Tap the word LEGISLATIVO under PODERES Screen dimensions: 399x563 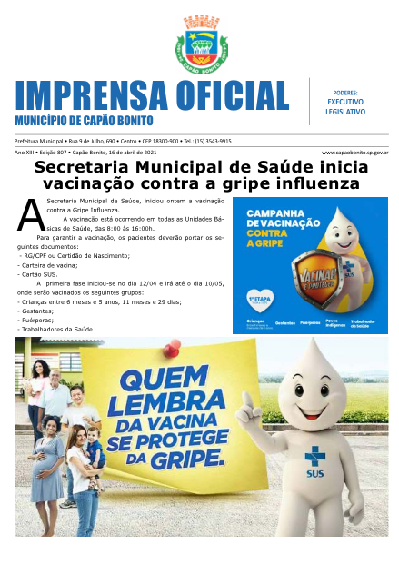345,112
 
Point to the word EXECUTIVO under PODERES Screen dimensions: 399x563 345,102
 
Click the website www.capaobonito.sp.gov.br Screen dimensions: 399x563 355,153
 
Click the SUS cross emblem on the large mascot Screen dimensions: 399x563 315,457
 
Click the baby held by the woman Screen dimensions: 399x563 92,444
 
